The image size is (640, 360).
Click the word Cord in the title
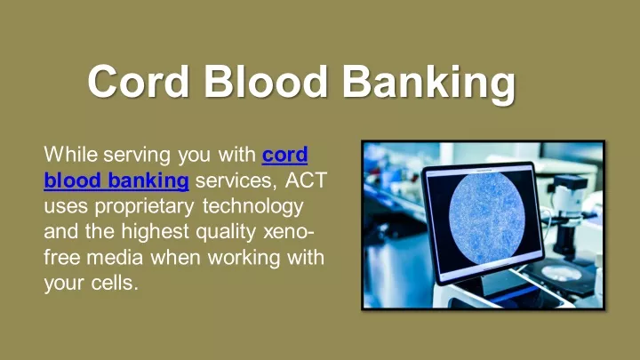click(x=139, y=81)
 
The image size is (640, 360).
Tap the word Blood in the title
click(x=265, y=81)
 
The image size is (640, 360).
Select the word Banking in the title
click(x=428, y=84)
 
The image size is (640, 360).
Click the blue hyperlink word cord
click(x=284, y=155)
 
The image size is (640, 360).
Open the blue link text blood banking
click(x=116, y=180)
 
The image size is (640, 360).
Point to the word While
click(x=70, y=155)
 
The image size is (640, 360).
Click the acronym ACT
click(x=306, y=180)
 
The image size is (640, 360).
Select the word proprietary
click(x=144, y=207)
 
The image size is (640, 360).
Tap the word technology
click(x=253, y=207)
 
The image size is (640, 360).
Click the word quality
click(x=226, y=232)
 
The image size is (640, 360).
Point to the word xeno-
click(x=289, y=232)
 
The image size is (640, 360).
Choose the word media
click(x=115, y=257)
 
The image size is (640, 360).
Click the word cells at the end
click(x=115, y=283)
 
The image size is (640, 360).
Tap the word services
click(x=236, y=180)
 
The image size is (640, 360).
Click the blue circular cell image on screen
click(x=486, y=216)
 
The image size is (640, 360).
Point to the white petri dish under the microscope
click(x=561, y=272)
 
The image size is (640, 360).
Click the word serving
click(x=137, y=156)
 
